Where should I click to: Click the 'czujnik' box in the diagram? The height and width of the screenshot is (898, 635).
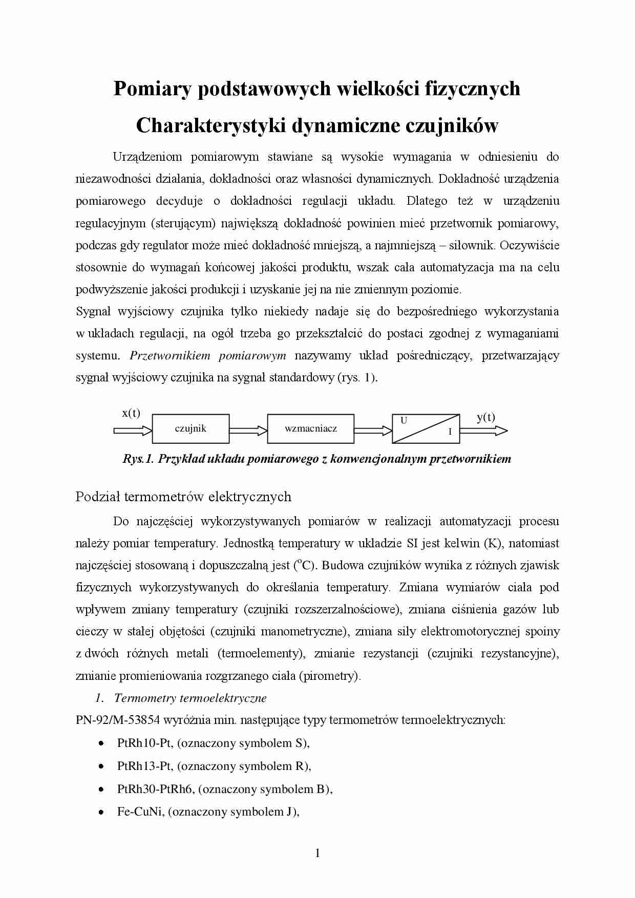[x=190, y=429]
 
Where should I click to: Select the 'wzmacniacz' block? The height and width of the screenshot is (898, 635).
[x=310, y=429]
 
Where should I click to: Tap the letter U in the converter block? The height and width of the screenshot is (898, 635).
[x=404, y=420]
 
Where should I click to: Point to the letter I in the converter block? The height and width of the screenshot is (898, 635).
[x=450, y=432]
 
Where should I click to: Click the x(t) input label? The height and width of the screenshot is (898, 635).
[x=131, y=413]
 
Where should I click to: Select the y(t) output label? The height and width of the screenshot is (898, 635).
[x=485, y=417]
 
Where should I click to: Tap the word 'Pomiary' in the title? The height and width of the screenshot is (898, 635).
[x=152, y=89]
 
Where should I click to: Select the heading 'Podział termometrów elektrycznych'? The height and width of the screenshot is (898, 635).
[x=183, y=497]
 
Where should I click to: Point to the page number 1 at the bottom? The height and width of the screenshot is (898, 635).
[x=317, y=853]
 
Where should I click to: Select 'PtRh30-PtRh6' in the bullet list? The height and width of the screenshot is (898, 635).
[x=155, y=789]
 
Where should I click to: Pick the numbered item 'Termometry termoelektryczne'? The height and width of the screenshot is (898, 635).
[x=190, y=698]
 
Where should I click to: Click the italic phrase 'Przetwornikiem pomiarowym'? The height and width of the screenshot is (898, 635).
[x=208, y=355]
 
